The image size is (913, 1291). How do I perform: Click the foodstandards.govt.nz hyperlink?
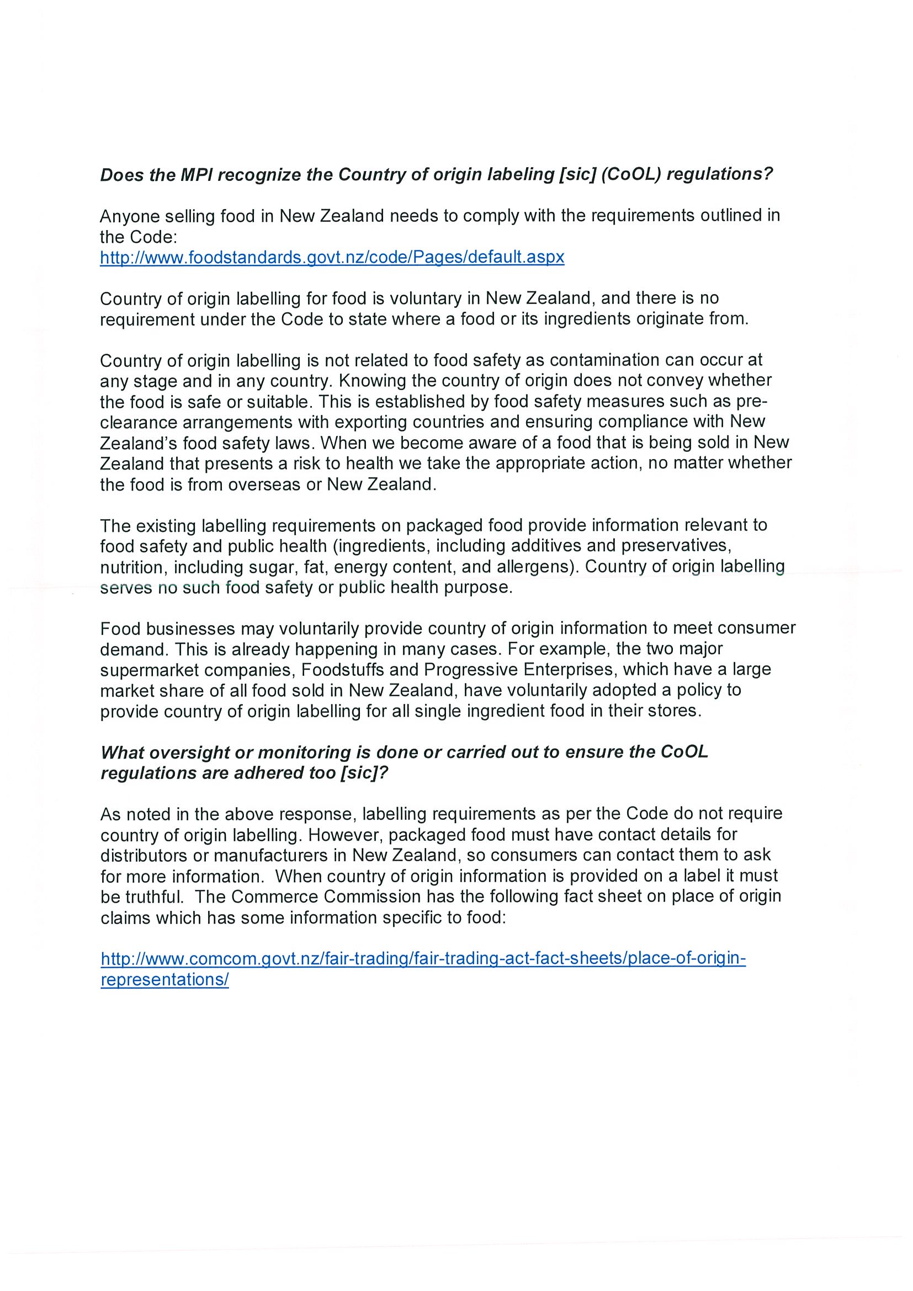coord(332,258)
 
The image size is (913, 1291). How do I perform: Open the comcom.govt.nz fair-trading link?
coord(423,958)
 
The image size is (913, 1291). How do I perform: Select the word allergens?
coord(527,567)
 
